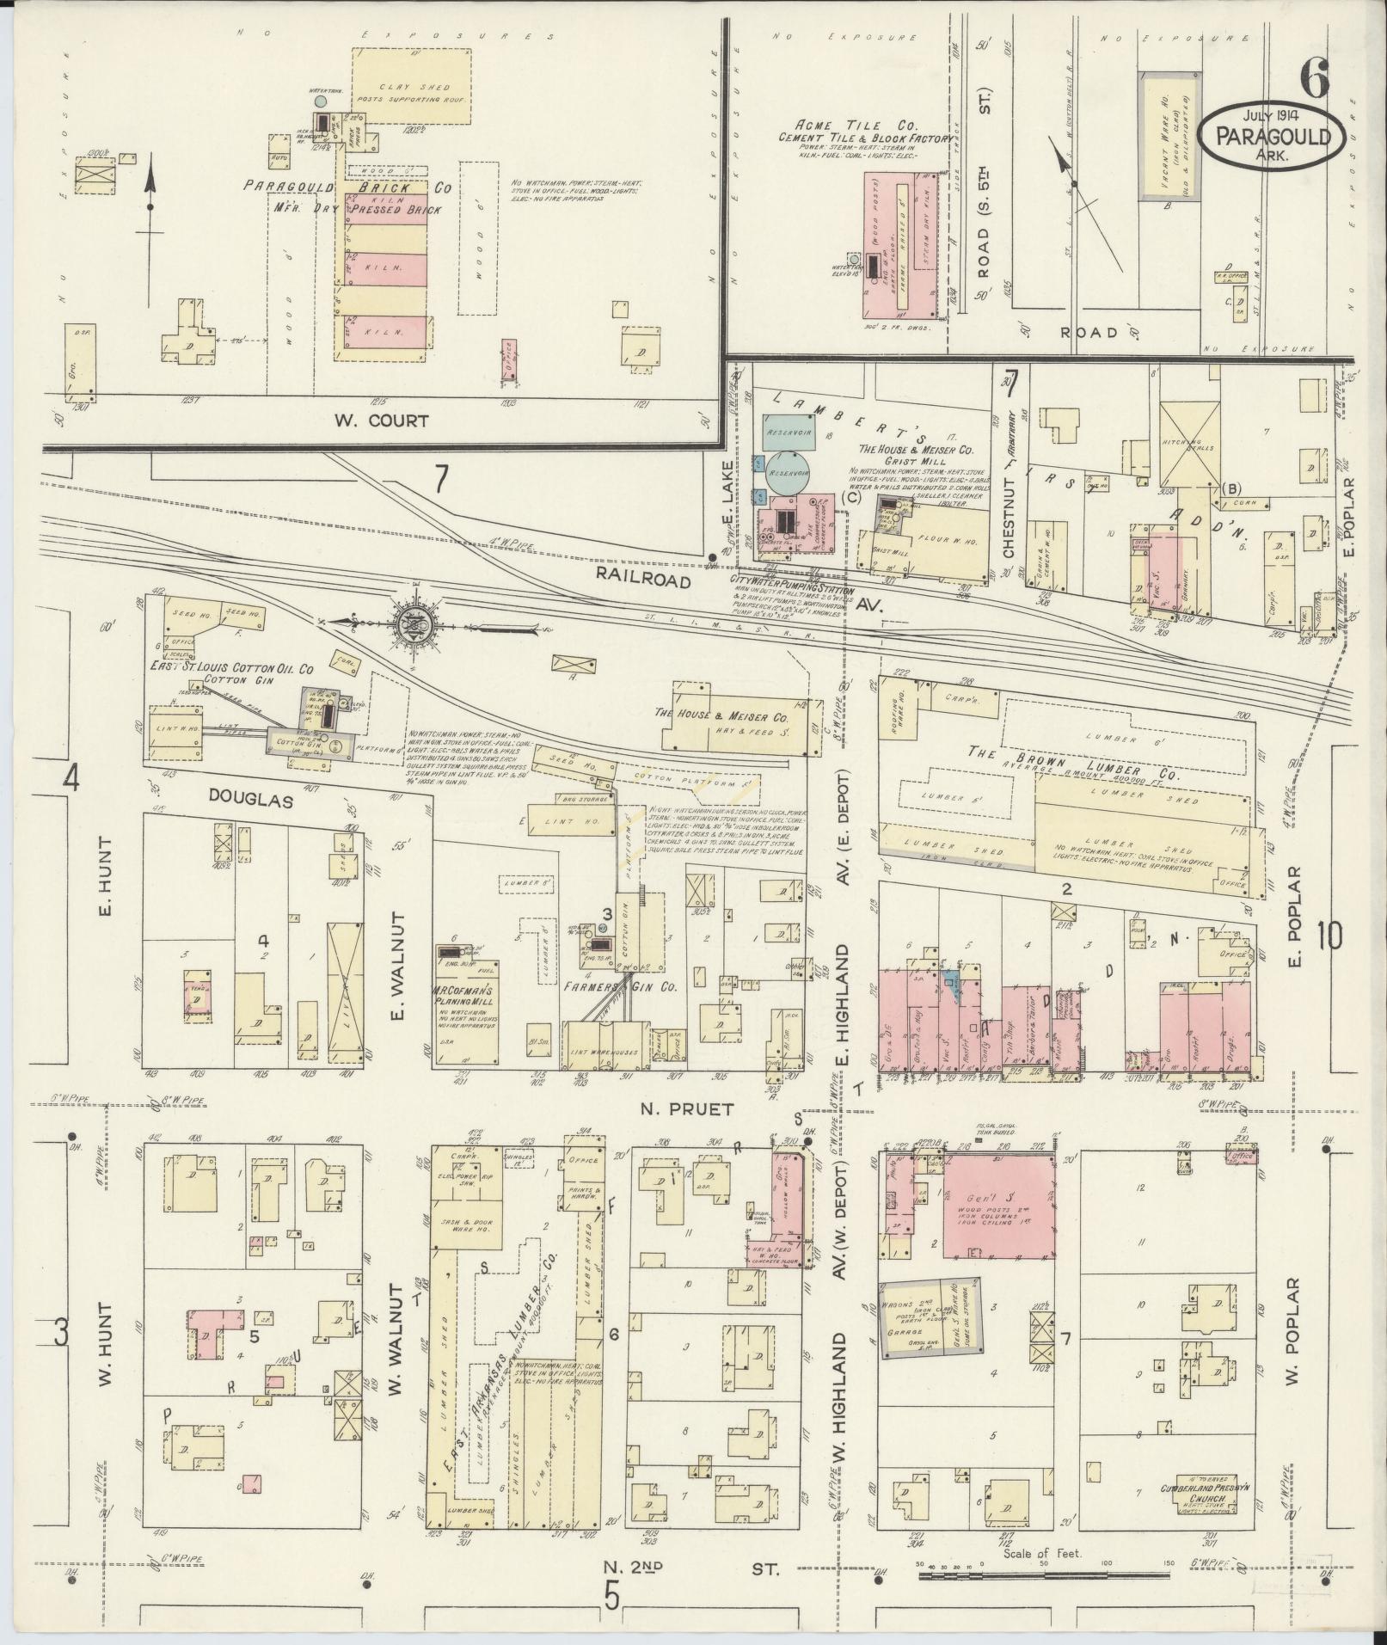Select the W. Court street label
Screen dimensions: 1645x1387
(x=380, y=421)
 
